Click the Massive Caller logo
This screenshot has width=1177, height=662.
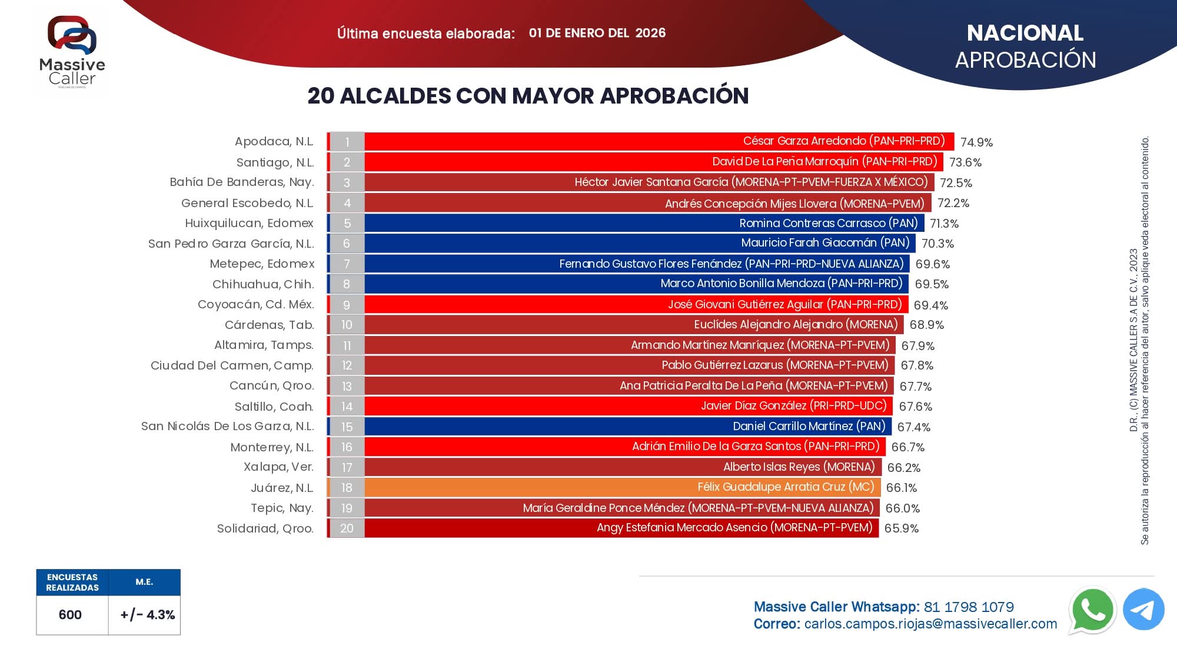coord(72,52)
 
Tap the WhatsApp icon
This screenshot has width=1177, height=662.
coord(1092,610)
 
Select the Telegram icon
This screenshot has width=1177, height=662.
coord(1143,610)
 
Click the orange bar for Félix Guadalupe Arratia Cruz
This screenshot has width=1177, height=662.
coord(622,487)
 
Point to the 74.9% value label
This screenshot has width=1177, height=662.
coord(976,142)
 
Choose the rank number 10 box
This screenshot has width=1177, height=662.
coord(347,325)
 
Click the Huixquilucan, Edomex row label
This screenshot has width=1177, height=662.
coord(249,224)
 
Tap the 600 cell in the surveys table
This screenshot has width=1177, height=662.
coord(70,615)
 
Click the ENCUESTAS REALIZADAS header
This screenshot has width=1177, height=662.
coord(72,582)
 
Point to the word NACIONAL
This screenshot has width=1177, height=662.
coord(1025,33)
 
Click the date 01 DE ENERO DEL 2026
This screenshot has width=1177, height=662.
coord(597,33)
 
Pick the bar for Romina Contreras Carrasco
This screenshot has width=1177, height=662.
coord(644,223)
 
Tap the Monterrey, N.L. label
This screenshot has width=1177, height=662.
coord(272,447)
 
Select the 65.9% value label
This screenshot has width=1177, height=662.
coord(901,528)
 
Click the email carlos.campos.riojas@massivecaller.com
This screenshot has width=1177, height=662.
coord(930,624)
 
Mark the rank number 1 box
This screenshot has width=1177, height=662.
coord(347,142)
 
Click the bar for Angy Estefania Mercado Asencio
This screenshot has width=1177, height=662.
coord(621,528)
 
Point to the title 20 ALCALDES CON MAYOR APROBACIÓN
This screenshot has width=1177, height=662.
coord(528,96)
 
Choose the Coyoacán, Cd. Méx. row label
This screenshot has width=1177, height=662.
coord(255,305)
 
